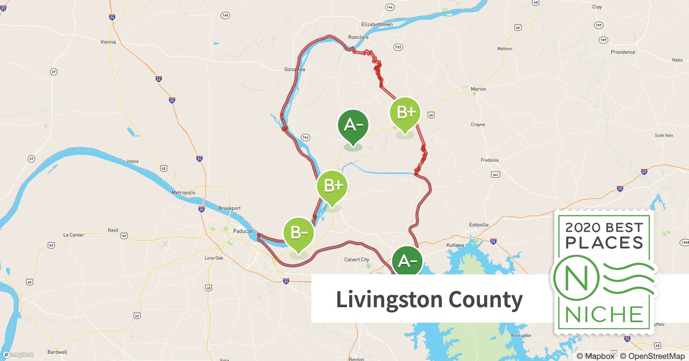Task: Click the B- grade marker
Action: [298, 233]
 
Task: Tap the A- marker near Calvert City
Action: [407, 261]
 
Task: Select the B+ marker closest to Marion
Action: [405, 113]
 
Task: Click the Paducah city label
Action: [243, 231]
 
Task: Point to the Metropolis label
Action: [183, 192]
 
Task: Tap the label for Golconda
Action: [294, 69]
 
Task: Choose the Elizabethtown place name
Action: [377, 25]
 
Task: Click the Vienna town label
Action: [108, 42]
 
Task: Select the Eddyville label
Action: [479, 225]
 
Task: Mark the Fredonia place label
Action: [489, 160]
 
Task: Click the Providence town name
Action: [623, 52]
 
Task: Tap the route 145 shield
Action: [225, 16]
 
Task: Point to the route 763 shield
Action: [305, 138]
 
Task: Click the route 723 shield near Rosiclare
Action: [398, 47]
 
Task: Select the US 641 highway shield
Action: [495, 175]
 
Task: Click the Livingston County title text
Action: [429, 299]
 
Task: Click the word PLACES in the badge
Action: [604, 243]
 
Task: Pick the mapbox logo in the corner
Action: [18, 355]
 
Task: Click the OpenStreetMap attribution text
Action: [652, 356]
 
